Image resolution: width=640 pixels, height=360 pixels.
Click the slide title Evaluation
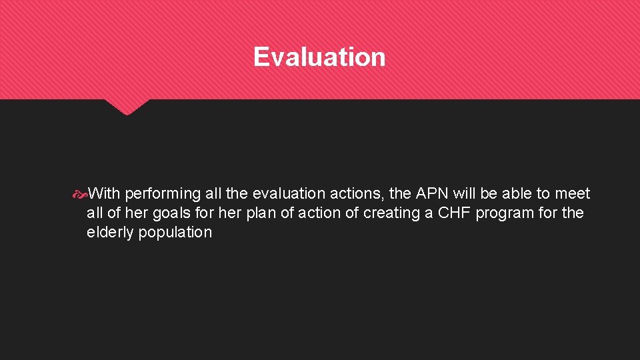pyautogui.click(x=319, y=57)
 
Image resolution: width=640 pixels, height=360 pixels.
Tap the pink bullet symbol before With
pyautogui.click(x=79, y=194)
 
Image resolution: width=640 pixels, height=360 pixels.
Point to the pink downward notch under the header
pyautogui.click(x=126, y=107)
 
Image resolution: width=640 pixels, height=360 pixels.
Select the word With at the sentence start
pyautogui.click(x=104, y=194)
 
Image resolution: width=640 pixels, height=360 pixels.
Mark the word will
pyautogui.click(x=466, y=194)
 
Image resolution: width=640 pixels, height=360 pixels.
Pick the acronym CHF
pyautogui.click(x=453, y=213)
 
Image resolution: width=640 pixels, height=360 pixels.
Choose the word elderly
pyautogui.click(x=110, y=233)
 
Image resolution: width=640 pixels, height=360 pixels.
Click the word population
pyautogui.click(x=175, y=233)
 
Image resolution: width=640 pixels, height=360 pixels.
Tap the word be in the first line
pyautogui.click(x=493, y=194)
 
